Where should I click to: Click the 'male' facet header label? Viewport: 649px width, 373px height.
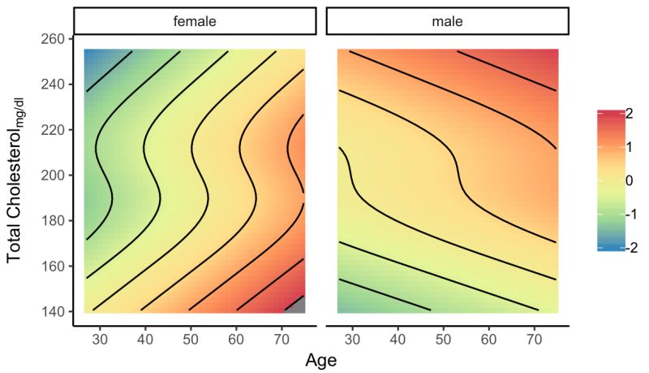coord(448,22)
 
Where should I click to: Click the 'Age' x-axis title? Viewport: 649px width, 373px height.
coord(321,358)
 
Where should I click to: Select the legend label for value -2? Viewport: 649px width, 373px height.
coord(625,249)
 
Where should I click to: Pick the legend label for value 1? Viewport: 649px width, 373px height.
coord(628,147)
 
